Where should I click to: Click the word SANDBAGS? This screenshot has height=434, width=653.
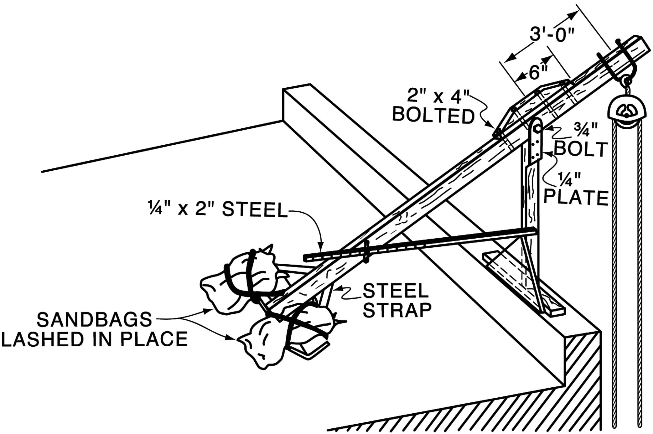click(x=94, y=320)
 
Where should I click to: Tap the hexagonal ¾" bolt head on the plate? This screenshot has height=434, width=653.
click(x=536, y=129)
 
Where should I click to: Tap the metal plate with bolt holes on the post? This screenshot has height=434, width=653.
click(x=536, y=144)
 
